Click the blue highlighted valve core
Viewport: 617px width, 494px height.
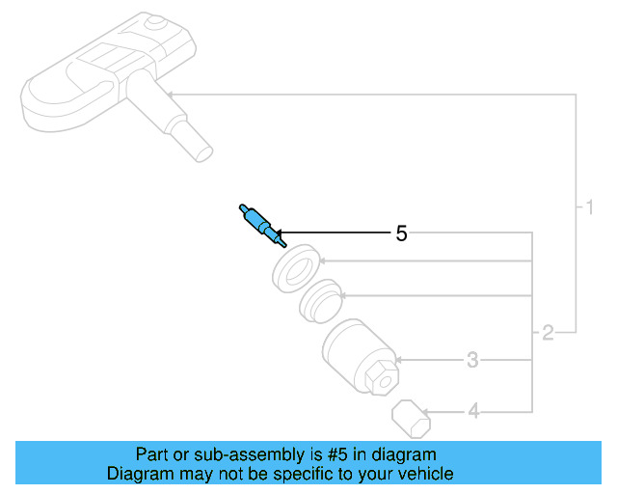click(261, 226)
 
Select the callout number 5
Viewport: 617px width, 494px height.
click(401, 233)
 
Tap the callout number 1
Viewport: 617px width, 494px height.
click(589, 207)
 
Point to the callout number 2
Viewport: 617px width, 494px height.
click(548, 333)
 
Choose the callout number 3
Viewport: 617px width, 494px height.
click(472, 360)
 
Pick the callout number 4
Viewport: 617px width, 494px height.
click(473, 412)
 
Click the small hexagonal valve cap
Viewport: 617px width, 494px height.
click(412, 419)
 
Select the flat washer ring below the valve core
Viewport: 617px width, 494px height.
click(296, 268)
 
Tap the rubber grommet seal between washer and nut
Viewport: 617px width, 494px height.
click(319, 301)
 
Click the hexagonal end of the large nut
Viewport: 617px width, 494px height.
click(382, 379)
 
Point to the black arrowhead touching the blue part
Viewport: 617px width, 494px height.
click(279, 233)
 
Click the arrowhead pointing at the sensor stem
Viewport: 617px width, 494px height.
click(170, 95)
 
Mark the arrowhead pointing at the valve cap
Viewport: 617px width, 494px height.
click(424, 412)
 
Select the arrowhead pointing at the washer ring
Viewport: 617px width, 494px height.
click(321, 261)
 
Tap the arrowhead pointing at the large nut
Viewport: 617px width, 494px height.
click(398, 360)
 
